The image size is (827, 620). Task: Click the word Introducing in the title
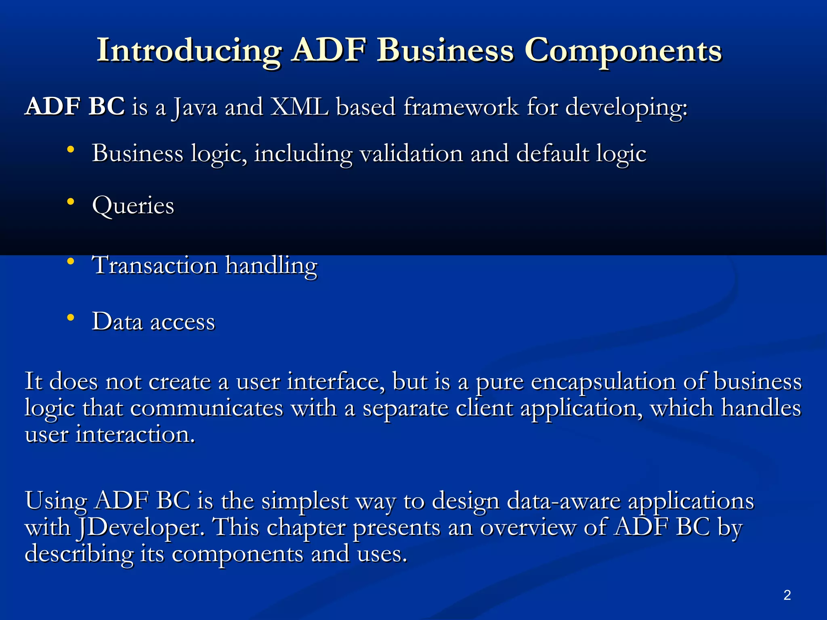click(189, 51)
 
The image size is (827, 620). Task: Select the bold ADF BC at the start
click(75, 107)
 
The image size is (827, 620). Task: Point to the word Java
click(195, 108)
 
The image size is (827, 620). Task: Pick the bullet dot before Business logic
click(71, 150)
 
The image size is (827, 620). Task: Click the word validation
click(411, 154)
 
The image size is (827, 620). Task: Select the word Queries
click(133, 206)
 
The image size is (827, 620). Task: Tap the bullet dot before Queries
click(71, 201)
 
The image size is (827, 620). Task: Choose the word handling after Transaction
click(271, 266)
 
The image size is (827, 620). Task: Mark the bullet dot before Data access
click(71, 318)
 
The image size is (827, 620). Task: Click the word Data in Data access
click(117, 322)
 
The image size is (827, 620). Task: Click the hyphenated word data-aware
click(563, 501)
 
